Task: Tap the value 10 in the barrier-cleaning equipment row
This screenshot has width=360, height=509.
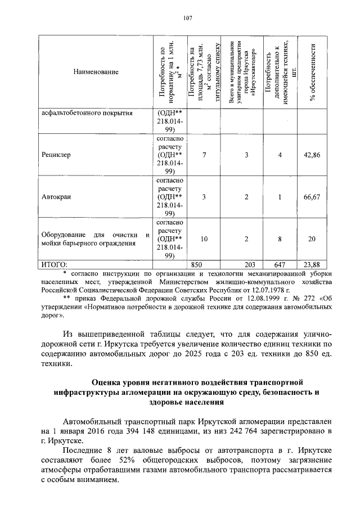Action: pos(204,239)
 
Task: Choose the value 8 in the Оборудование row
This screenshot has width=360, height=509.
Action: pos(280,239)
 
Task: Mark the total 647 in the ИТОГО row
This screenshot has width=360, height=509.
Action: pos(280,264)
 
